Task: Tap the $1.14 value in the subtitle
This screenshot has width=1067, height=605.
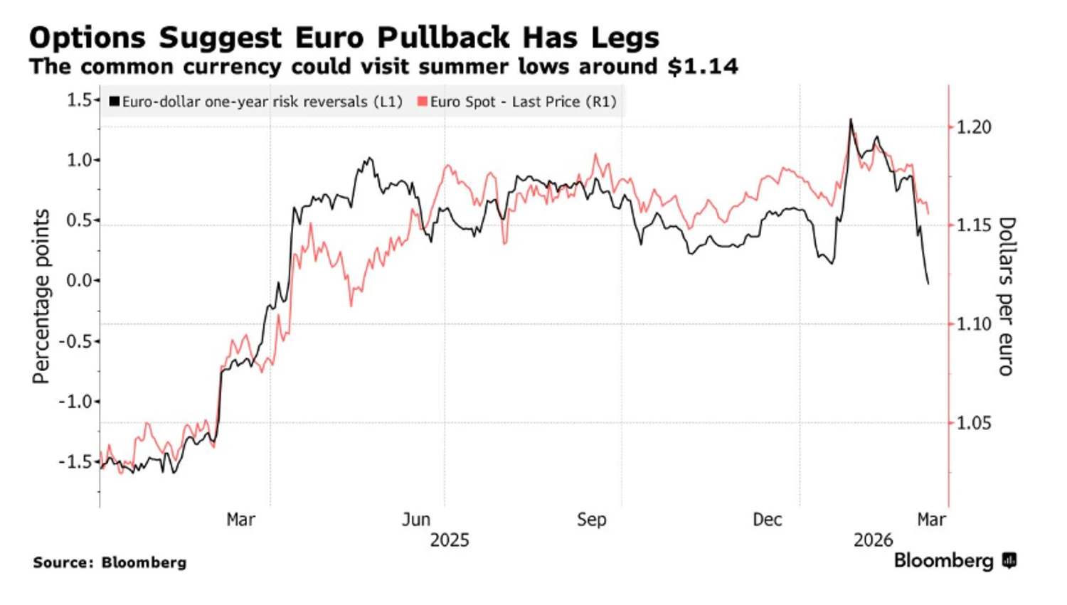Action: pos(703,67)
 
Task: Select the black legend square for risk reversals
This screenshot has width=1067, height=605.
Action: pos(114,102)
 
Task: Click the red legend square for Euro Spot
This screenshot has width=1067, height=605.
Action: pos(423,102)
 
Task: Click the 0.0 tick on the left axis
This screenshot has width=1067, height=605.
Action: pos(80,280)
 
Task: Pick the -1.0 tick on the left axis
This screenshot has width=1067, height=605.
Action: pos(76,401)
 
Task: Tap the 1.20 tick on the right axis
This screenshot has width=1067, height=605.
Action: pos(973,127)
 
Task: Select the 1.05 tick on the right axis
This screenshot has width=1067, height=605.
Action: pos(973,423)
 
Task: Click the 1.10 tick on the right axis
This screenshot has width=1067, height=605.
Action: pos(973,324)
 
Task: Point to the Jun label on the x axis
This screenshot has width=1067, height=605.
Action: pos(416,520)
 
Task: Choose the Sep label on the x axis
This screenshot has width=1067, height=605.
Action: pos(592,520)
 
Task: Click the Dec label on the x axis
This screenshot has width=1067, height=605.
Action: pos(768,520)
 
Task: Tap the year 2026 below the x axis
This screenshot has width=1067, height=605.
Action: pos(873,540)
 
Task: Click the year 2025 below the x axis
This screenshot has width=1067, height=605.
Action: pos(450,540)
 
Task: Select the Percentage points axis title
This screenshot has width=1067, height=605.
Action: pos(41,296)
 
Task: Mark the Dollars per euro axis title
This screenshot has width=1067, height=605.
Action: pos(1006,296)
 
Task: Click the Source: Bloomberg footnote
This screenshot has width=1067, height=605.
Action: pos(110,562)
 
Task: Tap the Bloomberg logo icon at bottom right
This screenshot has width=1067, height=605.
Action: pos(1009,561)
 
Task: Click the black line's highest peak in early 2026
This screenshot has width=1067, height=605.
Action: pos(850,119)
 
